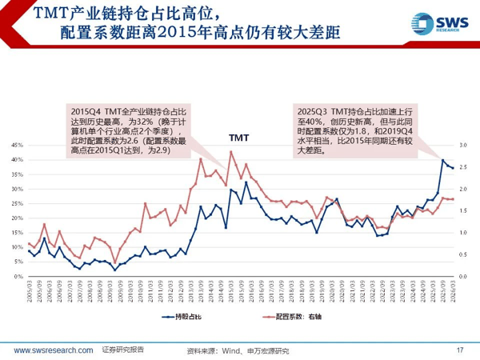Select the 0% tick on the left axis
coord(16,277)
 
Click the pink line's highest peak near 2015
coord(231,151)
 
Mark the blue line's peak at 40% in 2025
coord(443,160)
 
